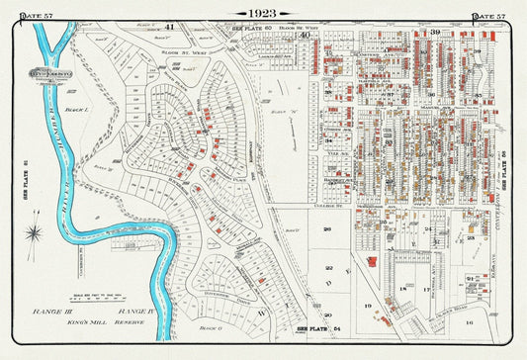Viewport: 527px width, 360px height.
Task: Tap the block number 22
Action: [329, 268]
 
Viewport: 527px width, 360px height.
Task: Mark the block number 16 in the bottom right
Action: [471, 322]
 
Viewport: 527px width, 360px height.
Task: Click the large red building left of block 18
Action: [370, 260]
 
